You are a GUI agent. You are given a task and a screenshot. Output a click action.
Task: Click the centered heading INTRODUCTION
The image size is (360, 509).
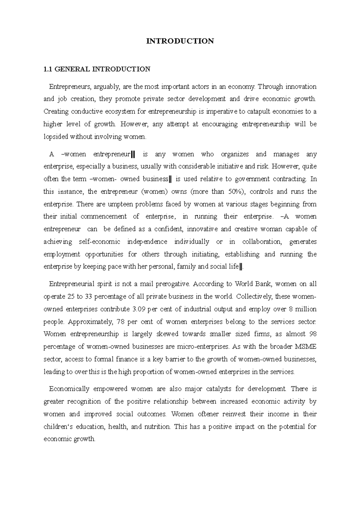(180, 41)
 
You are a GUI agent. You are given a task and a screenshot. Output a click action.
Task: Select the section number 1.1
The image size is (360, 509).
(48, 69)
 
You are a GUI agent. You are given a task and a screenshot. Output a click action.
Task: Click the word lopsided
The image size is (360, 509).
(56, 137)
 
